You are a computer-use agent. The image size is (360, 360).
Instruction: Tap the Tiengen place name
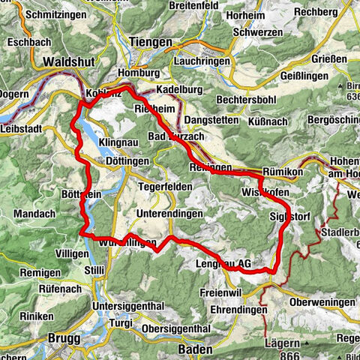click(150, 43)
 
